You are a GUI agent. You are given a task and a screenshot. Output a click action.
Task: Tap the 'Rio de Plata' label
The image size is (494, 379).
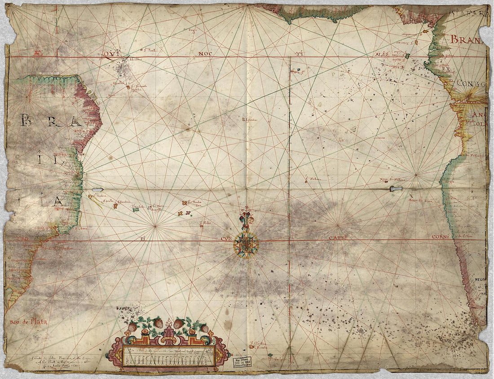[28, 322]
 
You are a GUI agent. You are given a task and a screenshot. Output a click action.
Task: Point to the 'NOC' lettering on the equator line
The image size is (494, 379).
[206, 54]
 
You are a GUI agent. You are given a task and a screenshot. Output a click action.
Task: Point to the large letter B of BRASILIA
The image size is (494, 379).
[26, 120]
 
